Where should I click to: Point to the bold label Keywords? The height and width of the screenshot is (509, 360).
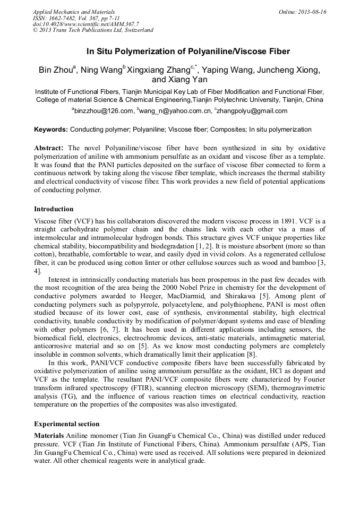(51, 130)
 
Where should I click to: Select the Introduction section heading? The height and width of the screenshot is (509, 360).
(54, 209)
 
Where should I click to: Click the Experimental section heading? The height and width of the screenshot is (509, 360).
(66, 424)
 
